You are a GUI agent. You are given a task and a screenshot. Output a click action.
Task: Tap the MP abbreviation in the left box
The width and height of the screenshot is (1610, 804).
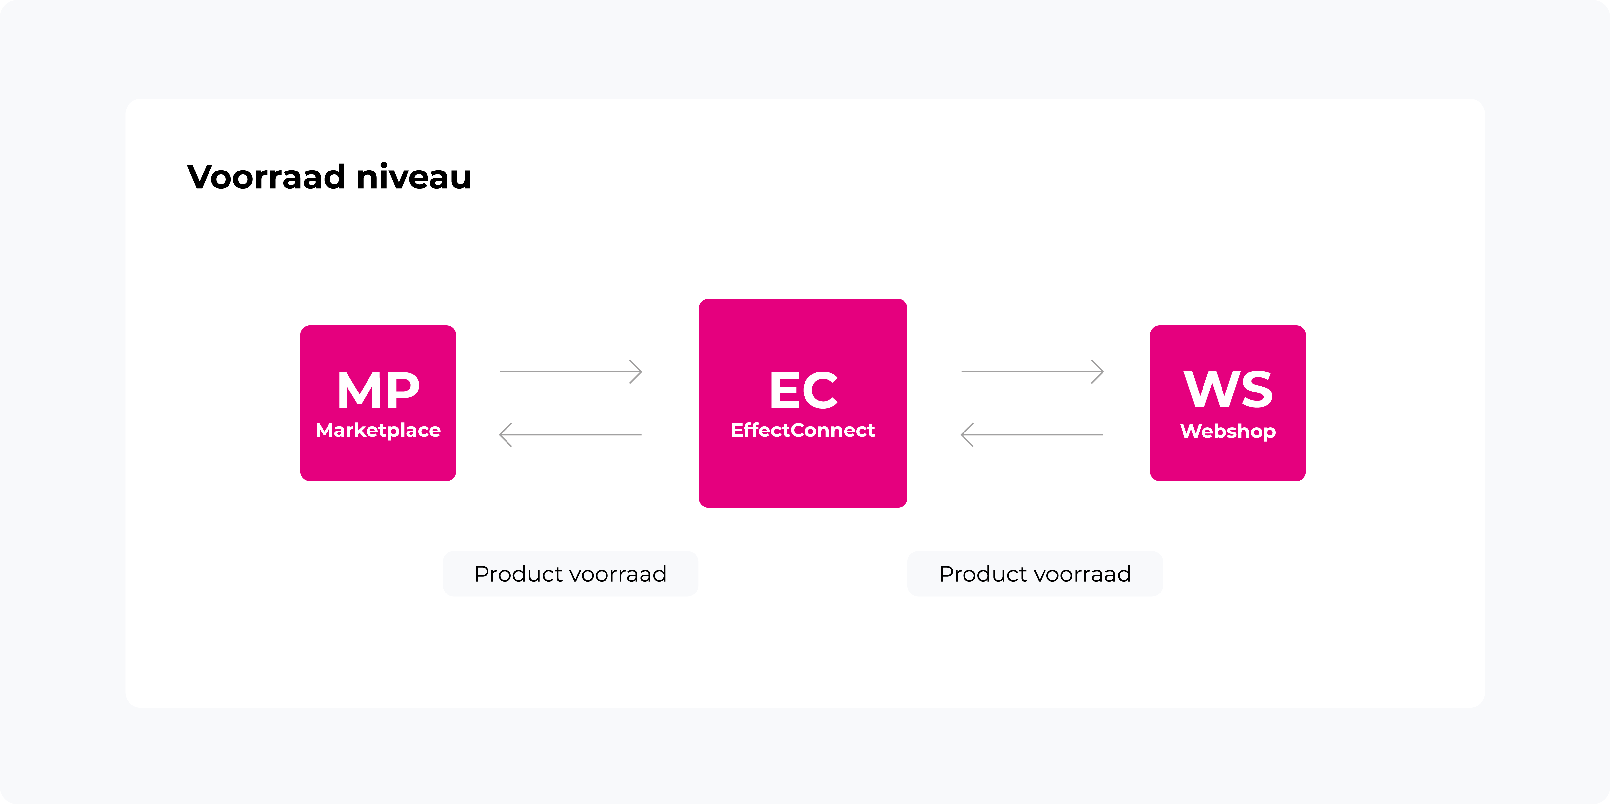point(378,390)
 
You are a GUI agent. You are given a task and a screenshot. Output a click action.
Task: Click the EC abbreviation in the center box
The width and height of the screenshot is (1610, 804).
point(803,390)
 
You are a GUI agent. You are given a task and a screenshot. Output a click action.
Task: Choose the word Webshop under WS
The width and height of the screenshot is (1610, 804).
point(1228,432)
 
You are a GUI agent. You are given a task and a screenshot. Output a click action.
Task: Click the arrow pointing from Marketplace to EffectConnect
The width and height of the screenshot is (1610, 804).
point(571,372)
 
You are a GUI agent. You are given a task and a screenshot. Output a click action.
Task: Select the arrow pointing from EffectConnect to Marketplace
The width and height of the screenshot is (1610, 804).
point(571,434)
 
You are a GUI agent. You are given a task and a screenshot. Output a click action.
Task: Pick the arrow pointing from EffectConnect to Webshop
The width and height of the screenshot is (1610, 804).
point(1032,372)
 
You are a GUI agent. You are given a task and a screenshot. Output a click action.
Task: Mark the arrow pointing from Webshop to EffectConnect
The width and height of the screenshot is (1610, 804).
point(1032,434)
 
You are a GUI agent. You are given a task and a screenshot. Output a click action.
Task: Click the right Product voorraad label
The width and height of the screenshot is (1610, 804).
point(1035,574)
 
